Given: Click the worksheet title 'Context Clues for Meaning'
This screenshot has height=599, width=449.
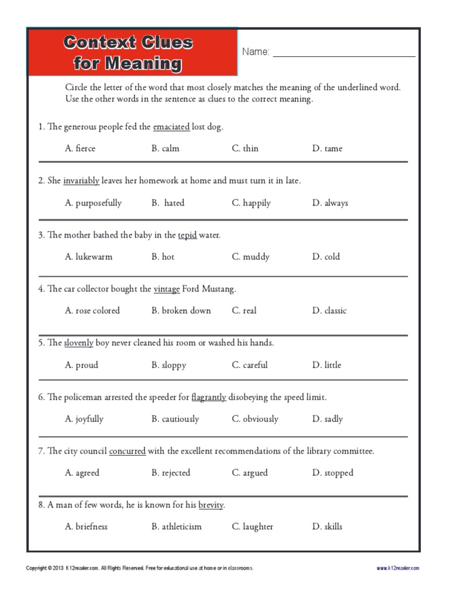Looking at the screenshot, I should coord(128,52).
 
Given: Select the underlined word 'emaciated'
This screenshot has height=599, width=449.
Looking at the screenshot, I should coord(171,127).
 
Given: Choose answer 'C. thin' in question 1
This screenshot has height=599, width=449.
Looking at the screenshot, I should coord(245,149).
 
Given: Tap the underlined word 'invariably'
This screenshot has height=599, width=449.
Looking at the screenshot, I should coord(81,181).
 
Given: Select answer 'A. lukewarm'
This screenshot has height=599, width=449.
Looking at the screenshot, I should coord(89,257).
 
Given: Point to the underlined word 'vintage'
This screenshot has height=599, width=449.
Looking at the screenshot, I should coord(167,289).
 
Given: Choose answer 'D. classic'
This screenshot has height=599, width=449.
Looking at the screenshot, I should coord(329,311).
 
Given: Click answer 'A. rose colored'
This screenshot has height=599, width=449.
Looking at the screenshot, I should coord(92,311).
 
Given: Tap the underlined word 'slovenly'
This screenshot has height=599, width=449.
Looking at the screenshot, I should coord(78,343).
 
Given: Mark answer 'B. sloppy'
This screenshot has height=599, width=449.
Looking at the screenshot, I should coord(169,365).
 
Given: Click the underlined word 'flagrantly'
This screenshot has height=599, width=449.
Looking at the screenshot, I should coord(209,397).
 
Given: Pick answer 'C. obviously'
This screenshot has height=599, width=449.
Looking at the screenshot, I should coord(255,419).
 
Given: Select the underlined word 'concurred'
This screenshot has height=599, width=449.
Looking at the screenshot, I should coord(127,451).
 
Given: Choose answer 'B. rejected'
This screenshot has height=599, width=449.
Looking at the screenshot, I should coord(171,473).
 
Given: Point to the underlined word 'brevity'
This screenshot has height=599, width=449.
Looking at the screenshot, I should coord(210,505).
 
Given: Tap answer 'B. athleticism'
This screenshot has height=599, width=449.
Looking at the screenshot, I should coord(177,526).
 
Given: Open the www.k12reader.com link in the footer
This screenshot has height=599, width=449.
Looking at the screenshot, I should coord(398,568).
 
